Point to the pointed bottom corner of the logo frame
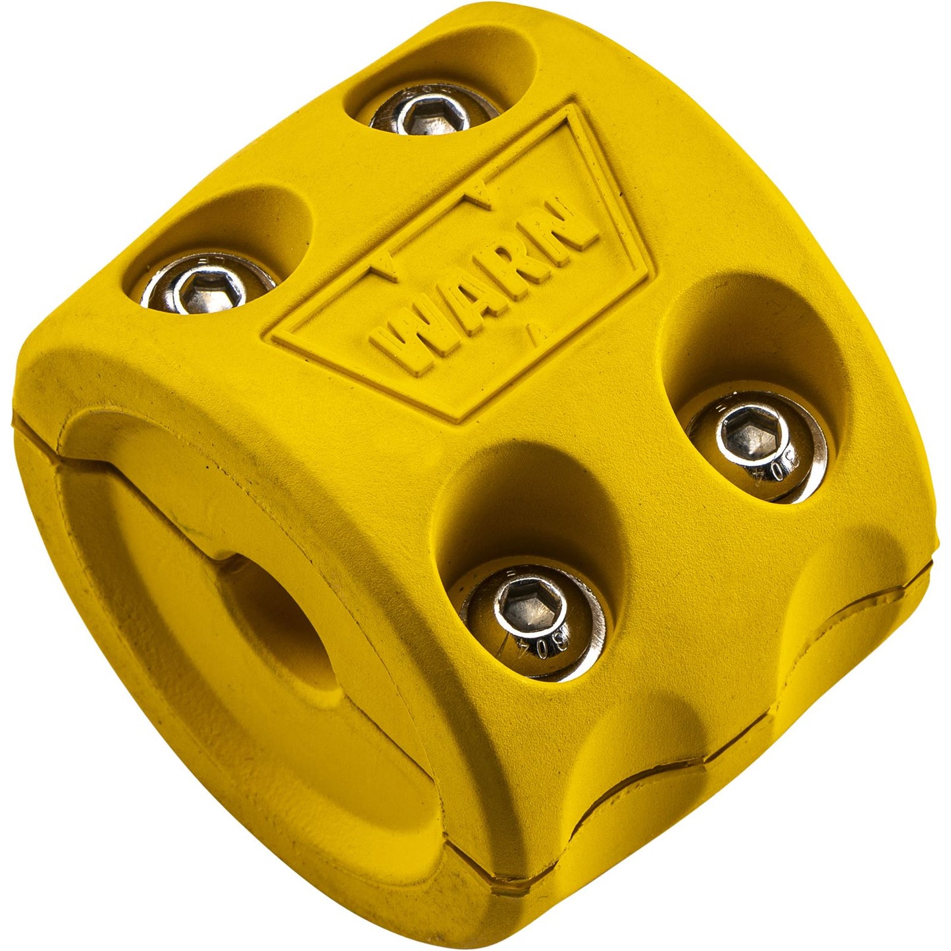click(462, 420)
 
